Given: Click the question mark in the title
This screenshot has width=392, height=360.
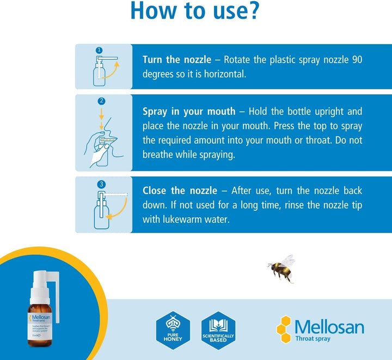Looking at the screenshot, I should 251,12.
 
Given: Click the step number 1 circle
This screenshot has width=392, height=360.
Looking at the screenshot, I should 99,50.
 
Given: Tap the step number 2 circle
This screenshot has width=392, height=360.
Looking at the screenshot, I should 101,101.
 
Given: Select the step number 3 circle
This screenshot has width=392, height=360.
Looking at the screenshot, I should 101,184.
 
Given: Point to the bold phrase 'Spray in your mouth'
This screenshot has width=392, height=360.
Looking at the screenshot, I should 189,112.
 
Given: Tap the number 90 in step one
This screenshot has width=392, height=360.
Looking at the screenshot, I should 356,59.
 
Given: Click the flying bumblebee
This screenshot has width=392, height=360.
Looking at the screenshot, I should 281,268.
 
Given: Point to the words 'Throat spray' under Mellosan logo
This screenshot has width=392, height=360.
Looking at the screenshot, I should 312,339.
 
